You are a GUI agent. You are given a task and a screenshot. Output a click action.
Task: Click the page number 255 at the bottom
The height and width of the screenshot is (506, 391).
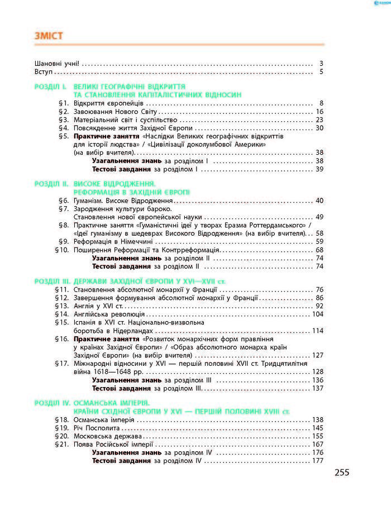tap(342, 472)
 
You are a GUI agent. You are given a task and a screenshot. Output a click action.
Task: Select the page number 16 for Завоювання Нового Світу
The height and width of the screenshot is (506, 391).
tap(320, 112)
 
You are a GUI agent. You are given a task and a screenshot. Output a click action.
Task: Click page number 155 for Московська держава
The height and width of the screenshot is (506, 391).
tap(318, 436)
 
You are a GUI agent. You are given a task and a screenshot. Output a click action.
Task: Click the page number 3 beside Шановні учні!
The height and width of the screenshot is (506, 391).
tap(322, 63)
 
